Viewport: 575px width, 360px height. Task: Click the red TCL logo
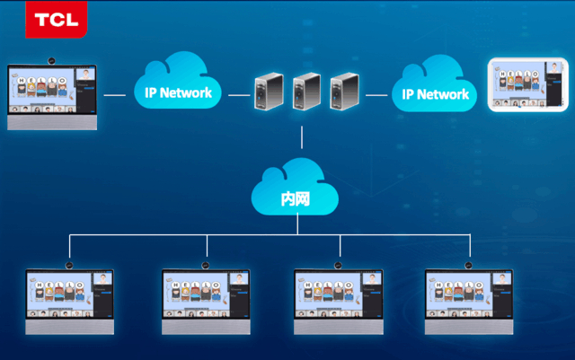56,19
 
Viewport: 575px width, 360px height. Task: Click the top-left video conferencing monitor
52,96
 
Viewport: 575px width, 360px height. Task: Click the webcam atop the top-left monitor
52,61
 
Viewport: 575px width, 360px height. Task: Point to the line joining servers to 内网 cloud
302,139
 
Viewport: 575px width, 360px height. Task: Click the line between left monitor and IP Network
114,93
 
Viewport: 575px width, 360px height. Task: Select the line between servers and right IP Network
376,93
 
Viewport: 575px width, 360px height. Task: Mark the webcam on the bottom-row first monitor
70,264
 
